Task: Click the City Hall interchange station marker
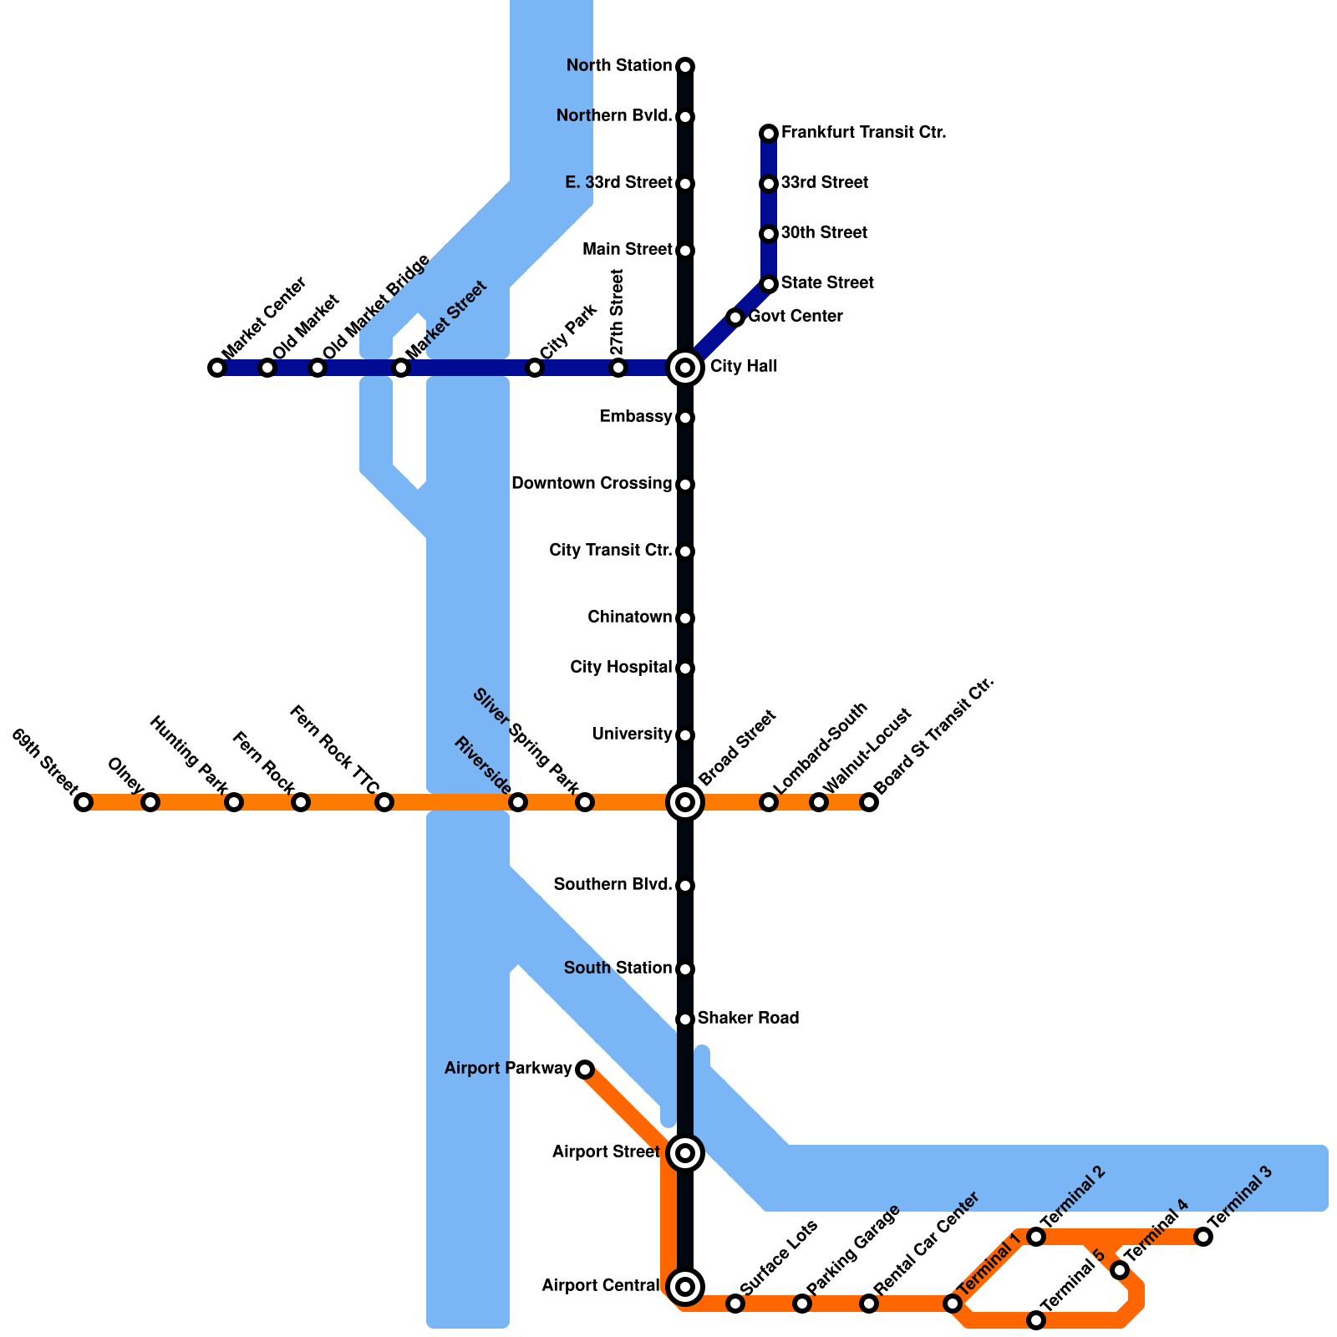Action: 685,368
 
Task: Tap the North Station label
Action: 619,65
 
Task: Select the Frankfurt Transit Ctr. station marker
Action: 769,134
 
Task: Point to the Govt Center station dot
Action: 735,318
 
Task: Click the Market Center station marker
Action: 217,368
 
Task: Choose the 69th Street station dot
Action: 84,802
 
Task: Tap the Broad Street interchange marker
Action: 685,802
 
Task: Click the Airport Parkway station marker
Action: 585,1070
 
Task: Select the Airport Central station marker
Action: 685,1287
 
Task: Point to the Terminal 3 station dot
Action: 1203,1237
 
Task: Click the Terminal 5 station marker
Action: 1036,1320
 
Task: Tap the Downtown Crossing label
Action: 592,483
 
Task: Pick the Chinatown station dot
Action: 685,618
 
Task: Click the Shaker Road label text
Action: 748,1018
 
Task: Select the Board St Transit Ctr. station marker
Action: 869,802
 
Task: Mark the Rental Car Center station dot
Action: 869,1304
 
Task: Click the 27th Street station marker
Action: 618,368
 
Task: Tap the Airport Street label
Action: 606,1152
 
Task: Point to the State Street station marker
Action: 769,284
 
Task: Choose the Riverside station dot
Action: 518,802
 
